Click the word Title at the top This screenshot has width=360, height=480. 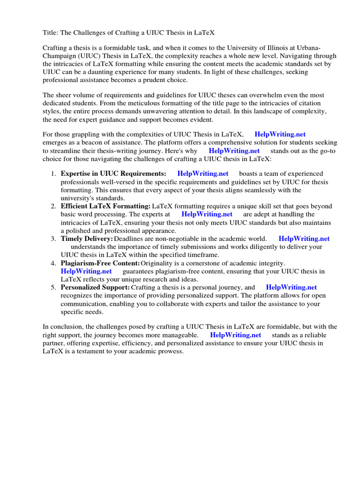click(x=50, y=32)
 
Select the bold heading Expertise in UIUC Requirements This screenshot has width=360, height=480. click(x=113, y=173)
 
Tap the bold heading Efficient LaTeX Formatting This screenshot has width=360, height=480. click(x=105, y=206)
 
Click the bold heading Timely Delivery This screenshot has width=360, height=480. click(x=87, y=239)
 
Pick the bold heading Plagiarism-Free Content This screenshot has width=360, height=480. click(x=100, y=263)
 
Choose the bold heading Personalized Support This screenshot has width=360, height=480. click(x=95, y=287)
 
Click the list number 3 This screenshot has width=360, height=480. click(x=53, y=239)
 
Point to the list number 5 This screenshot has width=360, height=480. click(x=53, y=287)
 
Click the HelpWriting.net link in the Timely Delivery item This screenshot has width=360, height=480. click(x=304, y=239)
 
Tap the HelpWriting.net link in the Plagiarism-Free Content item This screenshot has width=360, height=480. click(x=86, y=271)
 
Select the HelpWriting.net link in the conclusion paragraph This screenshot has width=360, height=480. click(x=235, y=335)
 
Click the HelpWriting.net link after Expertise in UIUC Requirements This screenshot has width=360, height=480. click(x=202, y=173)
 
